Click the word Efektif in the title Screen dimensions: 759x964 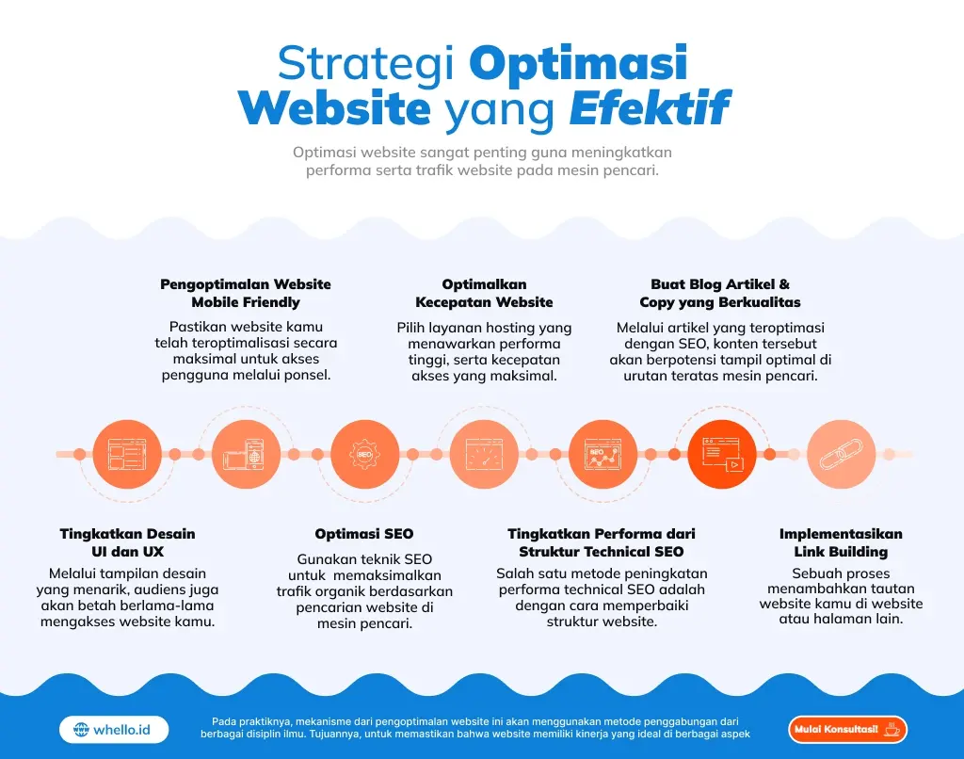click(x=650, y=108)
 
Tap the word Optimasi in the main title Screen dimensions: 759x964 click(x=577, y=63)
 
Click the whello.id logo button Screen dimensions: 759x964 click(x=114, y=729)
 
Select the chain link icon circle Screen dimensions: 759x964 click(x=842, y=454)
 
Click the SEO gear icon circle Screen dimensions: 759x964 click(x=365, y=454)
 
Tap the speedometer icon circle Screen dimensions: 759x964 click(x=485, y=454)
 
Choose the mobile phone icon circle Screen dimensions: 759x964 click(x=246, y=454)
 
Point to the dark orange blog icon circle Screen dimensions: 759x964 click(x=722, y=454)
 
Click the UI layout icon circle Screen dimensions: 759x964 click(x=127, y=454)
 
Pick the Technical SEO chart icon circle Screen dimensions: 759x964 click(x=603, y=454)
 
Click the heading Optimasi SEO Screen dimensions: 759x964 click(x=364, y=534)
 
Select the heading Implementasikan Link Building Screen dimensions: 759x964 click(x=841, y=542)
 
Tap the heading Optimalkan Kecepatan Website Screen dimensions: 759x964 click(x=484, y=293)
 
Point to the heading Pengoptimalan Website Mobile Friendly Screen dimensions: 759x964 click(x=246, y=293)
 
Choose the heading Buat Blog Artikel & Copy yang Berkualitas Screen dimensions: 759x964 click(x=720, y=293)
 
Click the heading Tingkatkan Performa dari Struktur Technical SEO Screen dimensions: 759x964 click(x=602, y=542)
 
